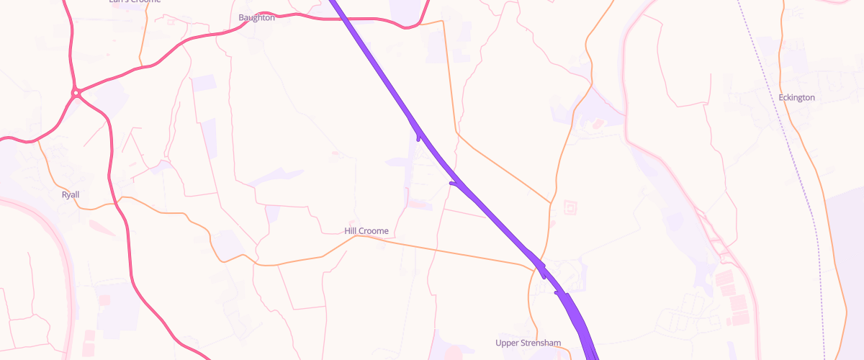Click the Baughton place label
click(x=256, y=17)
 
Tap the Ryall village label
click(x=71, y=194)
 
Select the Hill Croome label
click(x=366, y=230)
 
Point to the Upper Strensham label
click(x=528, y=342)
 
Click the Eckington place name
click(x=796, y=97)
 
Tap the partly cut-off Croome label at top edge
click(x=134, y=2)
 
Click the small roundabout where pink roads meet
click(x=76, y=92)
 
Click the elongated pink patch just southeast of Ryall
click(x=101, y=228)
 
